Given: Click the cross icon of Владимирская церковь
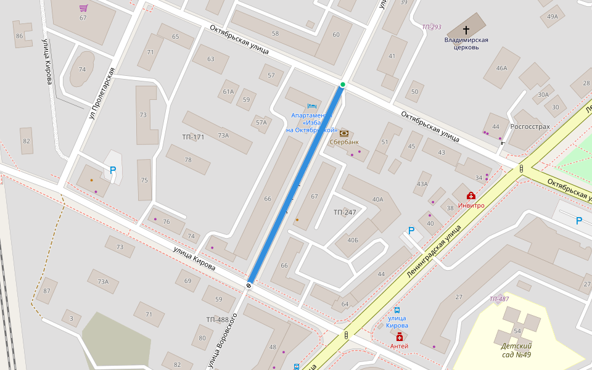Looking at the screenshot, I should point(466,30).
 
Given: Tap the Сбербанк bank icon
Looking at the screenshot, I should point(343,133).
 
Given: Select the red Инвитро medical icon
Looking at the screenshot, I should point(471,195).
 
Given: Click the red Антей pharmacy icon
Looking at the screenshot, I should point(400,337).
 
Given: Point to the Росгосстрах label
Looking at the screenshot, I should point(530,126).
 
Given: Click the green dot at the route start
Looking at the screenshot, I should point(343,84).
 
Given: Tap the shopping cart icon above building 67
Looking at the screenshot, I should point(83,8).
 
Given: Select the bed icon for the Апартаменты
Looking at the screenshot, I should point(311,105).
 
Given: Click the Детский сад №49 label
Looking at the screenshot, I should point(516,350).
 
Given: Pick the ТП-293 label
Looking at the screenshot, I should point(432,27).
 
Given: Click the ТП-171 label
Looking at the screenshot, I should point(193,137).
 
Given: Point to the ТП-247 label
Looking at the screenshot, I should point(345,212).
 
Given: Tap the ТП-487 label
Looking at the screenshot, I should point(499,299).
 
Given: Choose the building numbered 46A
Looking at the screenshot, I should point(501,68).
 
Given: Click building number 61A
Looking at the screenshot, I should point(228,92).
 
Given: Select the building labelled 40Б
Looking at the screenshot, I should point(353,240).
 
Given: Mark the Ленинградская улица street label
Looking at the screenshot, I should point(434,250).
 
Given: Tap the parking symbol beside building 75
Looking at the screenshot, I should point(113,170).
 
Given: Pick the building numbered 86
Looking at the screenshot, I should point(19,36).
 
